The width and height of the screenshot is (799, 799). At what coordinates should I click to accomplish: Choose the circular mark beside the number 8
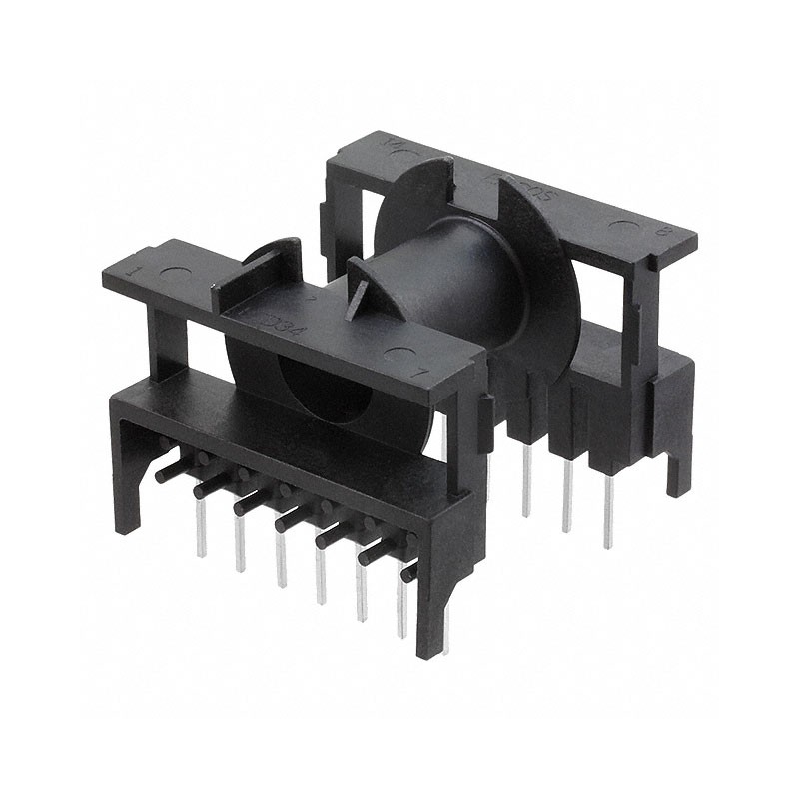coord(622,227)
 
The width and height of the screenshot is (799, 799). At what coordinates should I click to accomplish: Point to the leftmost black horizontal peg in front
coord(172,472)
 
